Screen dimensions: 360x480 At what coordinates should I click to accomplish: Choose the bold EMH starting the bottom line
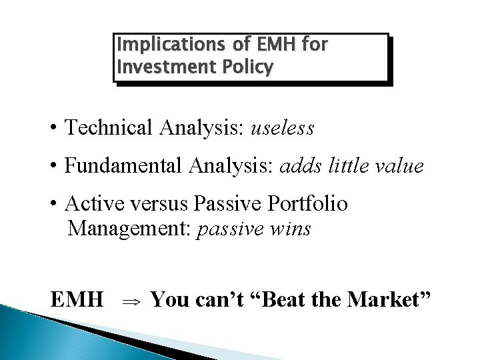coord(77,300)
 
